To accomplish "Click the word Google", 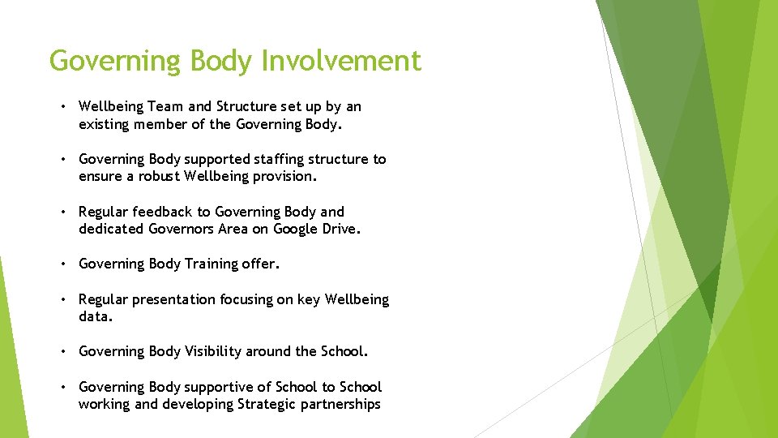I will click(x=296, y=229).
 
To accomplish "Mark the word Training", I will click(x=216, y=264).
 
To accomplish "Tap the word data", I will click(x=95, y=316).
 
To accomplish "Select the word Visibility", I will click(x=213, y=351).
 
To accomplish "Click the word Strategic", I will click(x=267, y=404).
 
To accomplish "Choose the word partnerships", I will click(x=340, y=404).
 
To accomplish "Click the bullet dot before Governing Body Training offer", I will click(x=62, y=264).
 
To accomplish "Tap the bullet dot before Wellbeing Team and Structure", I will click(x=62, y=106).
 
